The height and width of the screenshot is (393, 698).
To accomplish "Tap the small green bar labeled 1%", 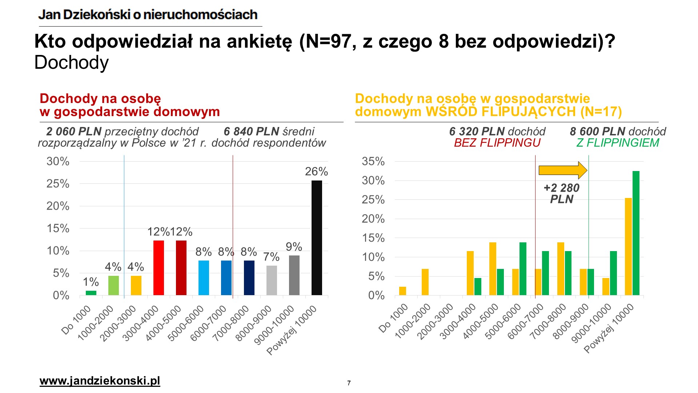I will click(x=91, y=293).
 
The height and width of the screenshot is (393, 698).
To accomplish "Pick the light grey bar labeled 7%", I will click(x=272, y=280).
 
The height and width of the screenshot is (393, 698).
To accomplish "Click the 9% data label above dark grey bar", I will click(x=294, y=247).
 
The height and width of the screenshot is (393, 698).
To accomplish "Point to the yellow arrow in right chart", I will click(x=562, y=170).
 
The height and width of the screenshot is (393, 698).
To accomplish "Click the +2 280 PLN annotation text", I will click(x=561, y=193).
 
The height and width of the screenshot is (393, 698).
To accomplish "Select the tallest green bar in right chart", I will click(x=636, y=233).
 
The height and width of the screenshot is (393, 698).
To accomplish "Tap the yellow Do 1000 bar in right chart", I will click(x=402, y=291).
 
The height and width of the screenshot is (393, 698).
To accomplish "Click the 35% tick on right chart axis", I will click(x=373, y=161).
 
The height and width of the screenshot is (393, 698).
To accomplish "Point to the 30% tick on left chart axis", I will click(x=58, y=161).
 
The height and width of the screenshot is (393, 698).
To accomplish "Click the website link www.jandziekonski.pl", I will click(x=100, y=381).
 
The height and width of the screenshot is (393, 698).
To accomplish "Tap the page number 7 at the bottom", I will click(x=349, y=383).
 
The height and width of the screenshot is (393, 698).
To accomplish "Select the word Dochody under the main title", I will click(x=72, y=63).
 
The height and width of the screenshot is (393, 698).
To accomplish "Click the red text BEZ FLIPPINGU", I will click(x=497, y=143).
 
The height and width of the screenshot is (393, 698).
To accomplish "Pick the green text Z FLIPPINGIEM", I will click(x=618, y=143).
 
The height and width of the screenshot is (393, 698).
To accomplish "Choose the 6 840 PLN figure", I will click(x=251, y=131).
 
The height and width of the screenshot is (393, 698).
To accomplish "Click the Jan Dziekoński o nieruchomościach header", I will click(x=148, y=15).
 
